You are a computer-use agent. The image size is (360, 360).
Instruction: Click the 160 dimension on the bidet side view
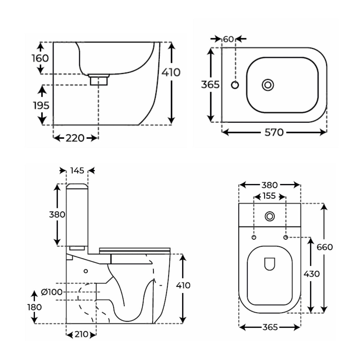point(40,58)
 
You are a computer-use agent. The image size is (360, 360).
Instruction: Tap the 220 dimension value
point(75,138)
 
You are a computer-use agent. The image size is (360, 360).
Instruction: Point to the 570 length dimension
point(274,132)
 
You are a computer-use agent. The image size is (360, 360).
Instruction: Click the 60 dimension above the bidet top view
point(228,39)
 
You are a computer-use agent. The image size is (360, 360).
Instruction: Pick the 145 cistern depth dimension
point(77,171)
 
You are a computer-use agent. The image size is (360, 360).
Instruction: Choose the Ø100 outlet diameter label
point(52,292)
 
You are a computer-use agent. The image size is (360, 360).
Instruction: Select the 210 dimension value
point(81,334)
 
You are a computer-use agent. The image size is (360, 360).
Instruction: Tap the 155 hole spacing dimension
point(269,196)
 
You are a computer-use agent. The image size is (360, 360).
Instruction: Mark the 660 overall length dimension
point(324,247)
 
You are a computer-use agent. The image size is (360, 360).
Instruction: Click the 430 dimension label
point(311,274)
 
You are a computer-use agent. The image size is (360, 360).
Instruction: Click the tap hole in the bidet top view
point(235,85)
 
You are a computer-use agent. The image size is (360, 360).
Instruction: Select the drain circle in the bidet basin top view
point(268,85)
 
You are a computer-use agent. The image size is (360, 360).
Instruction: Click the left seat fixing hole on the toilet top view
point(254,237)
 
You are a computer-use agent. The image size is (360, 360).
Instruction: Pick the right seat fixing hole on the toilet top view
point(286,237)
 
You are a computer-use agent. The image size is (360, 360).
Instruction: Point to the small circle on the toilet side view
point(86,271)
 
